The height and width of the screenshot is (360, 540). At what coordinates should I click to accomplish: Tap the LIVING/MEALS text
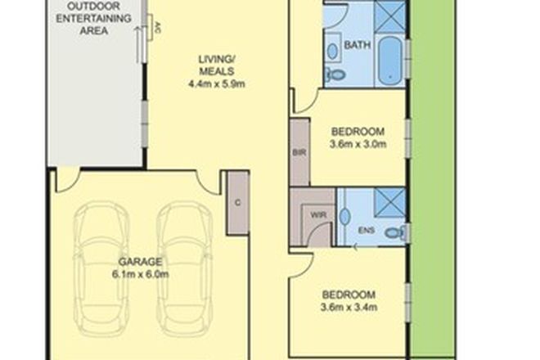click(218, 64)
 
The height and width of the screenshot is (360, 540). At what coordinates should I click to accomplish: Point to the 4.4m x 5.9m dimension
click(218, 82)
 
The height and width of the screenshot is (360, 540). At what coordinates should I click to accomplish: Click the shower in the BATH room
click(390, 15)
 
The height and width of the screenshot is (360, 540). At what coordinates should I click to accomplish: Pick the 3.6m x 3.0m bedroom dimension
click(358, 145)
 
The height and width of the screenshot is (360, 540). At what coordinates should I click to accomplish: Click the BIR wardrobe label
click(299, 152)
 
